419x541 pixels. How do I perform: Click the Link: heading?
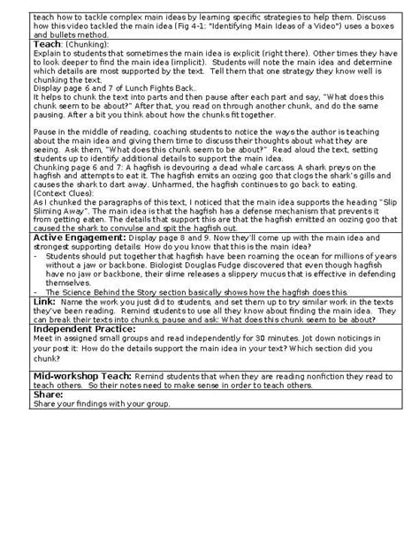point(43,301)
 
